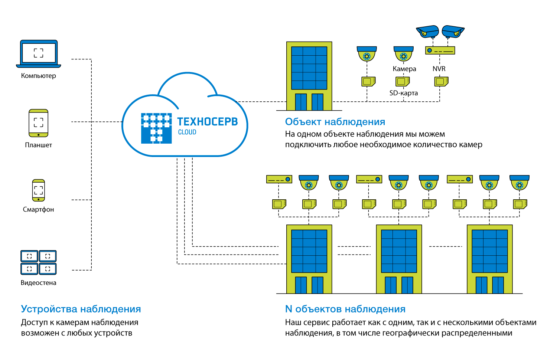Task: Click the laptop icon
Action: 39,53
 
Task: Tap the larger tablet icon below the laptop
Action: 39,123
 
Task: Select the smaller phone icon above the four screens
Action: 39,190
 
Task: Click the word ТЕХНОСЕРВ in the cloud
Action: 207,122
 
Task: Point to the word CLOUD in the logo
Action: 187,132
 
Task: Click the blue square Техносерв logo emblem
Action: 156,128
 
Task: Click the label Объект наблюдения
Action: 335,122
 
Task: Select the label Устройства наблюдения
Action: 81,309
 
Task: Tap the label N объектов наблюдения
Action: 345,309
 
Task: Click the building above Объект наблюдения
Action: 309,76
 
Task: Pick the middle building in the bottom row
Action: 399,259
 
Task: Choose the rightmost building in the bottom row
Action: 489,259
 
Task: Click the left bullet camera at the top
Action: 428,32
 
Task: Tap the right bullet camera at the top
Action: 453,32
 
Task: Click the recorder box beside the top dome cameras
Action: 440,50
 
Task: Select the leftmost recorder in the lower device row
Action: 279,179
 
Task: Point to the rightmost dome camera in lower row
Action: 519,183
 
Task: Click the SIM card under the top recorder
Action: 441,81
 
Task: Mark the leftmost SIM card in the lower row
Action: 279,204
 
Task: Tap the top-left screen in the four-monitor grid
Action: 29,256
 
